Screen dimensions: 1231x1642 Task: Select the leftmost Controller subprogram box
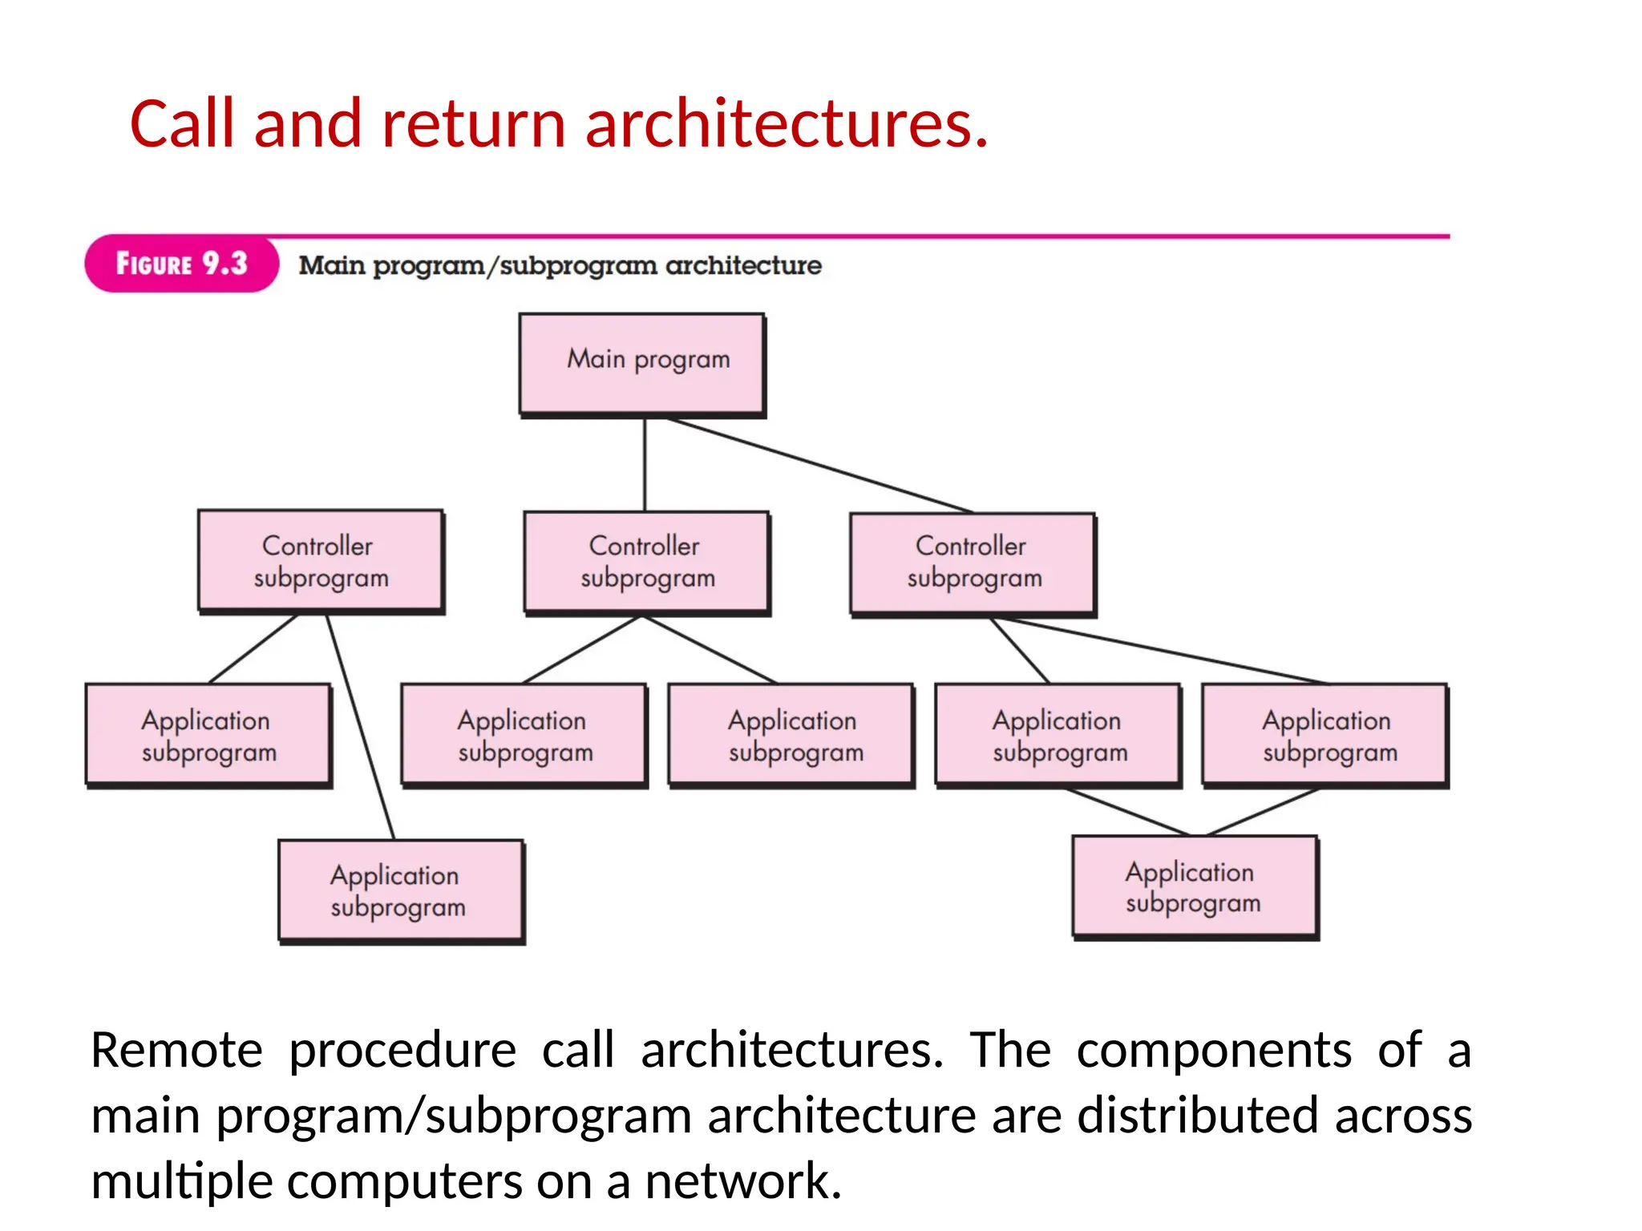pos(320,561)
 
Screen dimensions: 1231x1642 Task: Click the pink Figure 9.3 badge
pos(181,264)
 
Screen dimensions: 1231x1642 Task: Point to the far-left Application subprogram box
pos(208,734)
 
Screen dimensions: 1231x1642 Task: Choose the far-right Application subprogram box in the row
pos(1325,734)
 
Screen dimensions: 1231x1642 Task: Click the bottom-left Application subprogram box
pos(400,890)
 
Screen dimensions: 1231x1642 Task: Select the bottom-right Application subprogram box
pos(1194,886)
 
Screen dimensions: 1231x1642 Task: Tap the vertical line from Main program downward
pos(645,465)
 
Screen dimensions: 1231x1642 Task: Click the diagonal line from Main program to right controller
pos(818,465)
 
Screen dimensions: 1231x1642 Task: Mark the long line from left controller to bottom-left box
pos(360,725)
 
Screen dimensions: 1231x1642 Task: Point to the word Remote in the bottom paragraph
pos(176,1050)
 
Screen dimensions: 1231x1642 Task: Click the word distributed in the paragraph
pos(1196,1116)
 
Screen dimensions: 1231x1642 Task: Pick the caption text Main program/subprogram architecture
pos(560,265)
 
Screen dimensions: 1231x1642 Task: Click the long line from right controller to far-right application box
pos(1163,651)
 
